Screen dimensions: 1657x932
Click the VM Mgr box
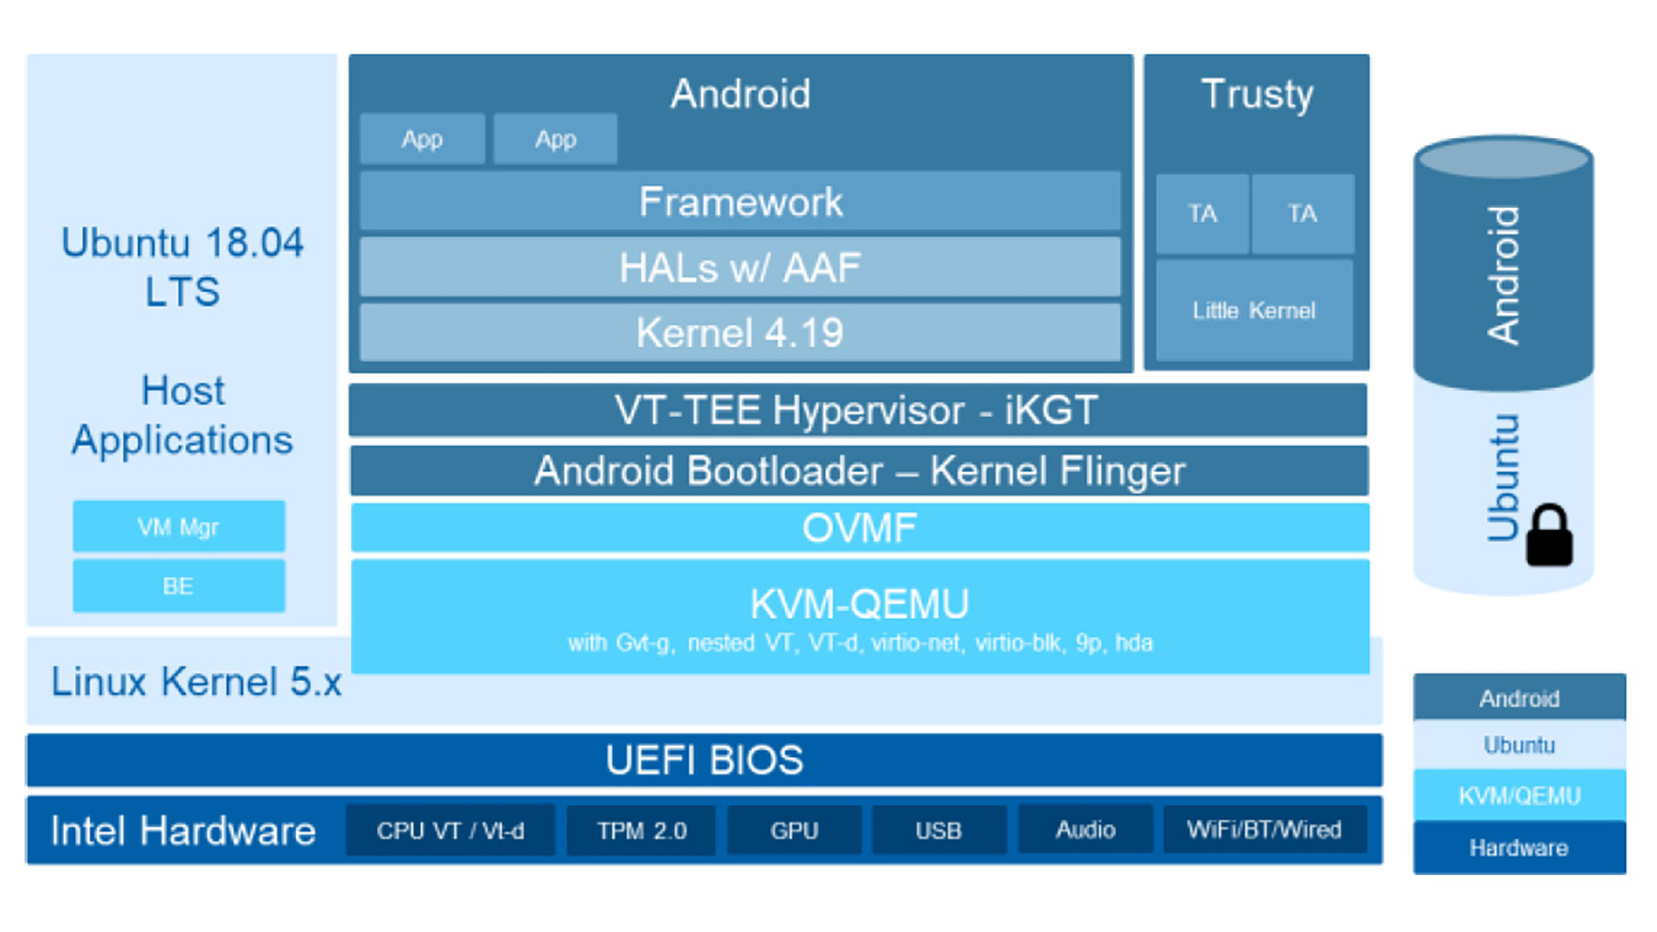click(179, 526)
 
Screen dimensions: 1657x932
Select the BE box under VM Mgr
click(179, 586)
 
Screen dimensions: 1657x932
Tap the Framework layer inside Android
click(740, 201)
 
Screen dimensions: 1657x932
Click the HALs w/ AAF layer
click(740, 268)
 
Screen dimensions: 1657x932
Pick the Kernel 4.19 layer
click(740, 332)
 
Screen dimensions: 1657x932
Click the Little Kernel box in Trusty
click(1254, 310)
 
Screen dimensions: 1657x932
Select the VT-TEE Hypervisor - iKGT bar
click(858, 410)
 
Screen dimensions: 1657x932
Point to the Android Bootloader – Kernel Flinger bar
click(860, 470)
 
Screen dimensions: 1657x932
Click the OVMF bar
click(860, 527)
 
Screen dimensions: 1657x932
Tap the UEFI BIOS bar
click(704, 760)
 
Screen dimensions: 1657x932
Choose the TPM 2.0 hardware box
click(641, 830)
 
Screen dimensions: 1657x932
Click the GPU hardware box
click(794, 830)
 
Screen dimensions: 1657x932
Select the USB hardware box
click(939, 830)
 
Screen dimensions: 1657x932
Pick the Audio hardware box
click(1086, 830)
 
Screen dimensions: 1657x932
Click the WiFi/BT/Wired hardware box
click(1264, 830)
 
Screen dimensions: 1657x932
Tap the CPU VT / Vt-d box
click(450, 830)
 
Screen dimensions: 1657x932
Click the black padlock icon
click(1550, 536)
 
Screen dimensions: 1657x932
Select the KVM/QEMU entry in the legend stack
click(1520, 795)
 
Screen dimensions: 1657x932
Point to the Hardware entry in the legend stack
click(1520, 847)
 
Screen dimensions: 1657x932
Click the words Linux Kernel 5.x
click(197, 682)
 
